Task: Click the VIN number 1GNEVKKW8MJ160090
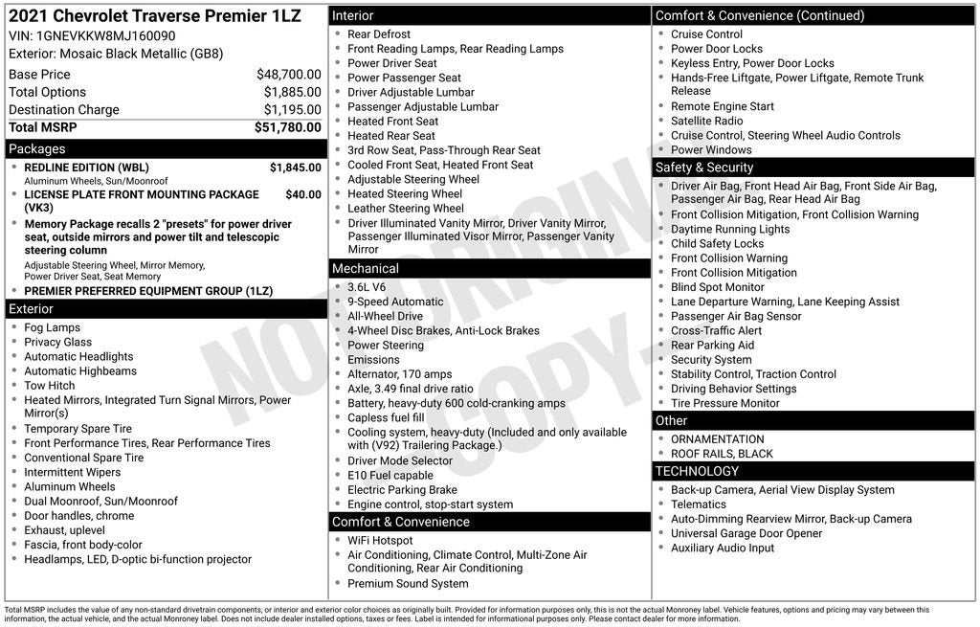pos(105,35)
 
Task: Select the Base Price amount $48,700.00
pos(288,75)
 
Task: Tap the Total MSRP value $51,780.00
pos(287,127)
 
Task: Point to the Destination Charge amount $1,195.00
pos(292,110)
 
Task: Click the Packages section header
pos(37,149)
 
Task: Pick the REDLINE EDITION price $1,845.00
pos(295,168)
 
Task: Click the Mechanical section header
pos(366,269)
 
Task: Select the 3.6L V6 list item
pos(367,287)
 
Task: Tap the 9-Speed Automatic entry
pos(395,302)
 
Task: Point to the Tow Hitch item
pos(49,386)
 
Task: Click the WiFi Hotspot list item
pos(380,541)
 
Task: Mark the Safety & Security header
pos(704,168)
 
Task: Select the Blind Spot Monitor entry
pos(717,287)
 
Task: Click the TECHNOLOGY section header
pos(697,471)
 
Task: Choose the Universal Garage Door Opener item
pos(746,533)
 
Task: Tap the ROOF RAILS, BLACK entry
pos(722,454)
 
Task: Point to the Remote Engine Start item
pos(722,106)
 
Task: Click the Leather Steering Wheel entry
pos(405,208)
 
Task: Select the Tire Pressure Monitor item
pos(724,403)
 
